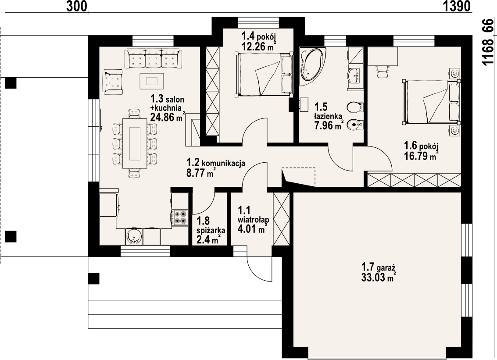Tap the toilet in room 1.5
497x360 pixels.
(x=355, y=107)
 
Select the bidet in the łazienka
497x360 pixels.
(x=355, y=125)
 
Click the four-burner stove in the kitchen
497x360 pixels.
(x=180, y=217)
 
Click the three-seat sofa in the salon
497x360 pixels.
(x=154, y=58)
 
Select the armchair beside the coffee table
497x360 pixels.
(x=113, y=82)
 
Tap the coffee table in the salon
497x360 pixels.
(x=152, y=81)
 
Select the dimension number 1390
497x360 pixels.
(x=457, y=6)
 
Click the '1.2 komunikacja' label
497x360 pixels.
(x=215, y=163)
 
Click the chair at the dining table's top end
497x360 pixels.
(x=134, y=113)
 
